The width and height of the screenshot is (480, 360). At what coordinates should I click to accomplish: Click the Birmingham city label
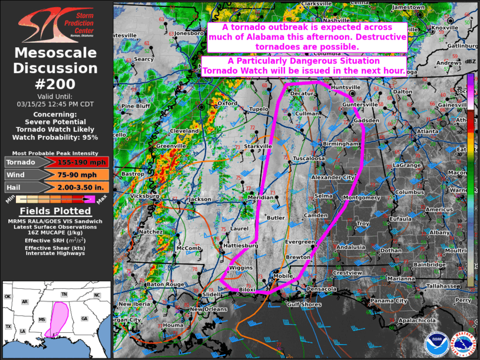340,144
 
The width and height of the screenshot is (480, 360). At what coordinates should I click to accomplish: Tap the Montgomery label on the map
361,198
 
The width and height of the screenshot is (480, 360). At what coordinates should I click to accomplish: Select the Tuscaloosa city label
309,158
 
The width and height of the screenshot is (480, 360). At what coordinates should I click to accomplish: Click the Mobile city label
283,276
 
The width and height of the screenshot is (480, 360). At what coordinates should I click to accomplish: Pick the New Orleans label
208,309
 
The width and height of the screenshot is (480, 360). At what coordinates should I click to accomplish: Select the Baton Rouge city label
165,285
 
